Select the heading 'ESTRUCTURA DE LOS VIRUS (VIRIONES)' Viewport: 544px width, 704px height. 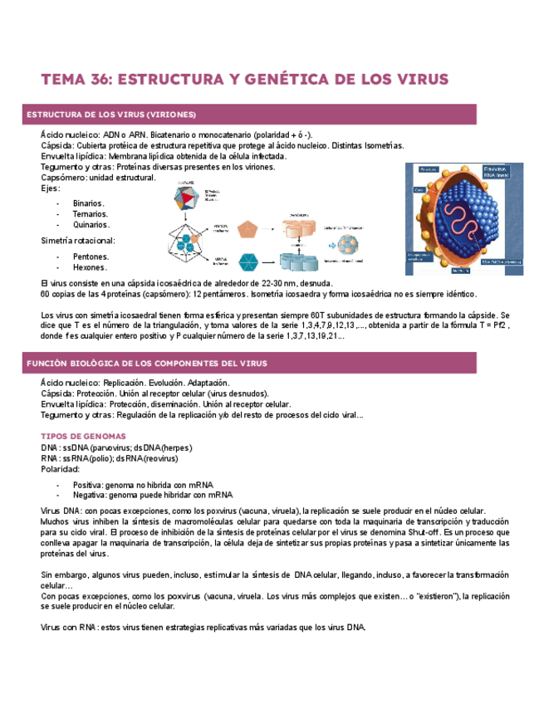(x=111, y=114)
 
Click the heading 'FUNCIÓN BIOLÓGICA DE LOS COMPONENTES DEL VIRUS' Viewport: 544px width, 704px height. (x=146, y=364)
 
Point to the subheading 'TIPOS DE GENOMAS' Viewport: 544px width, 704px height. (x=83, y=436)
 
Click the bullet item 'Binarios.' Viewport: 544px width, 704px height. (x=89, y=203)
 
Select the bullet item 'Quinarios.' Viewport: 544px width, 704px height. (x=91, y=225)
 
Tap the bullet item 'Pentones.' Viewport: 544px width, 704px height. (x=91, y=257)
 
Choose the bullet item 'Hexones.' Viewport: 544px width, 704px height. (x=90, y=268)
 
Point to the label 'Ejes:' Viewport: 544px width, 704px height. (x=51, y=188)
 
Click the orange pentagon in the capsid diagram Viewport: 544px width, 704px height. (x=249, y=230)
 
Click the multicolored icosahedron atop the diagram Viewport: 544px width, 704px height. (x=189, y=198)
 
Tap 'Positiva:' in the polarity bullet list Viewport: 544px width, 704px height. (x=88, y=486)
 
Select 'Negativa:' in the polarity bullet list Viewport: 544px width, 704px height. (x=90, y=496)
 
